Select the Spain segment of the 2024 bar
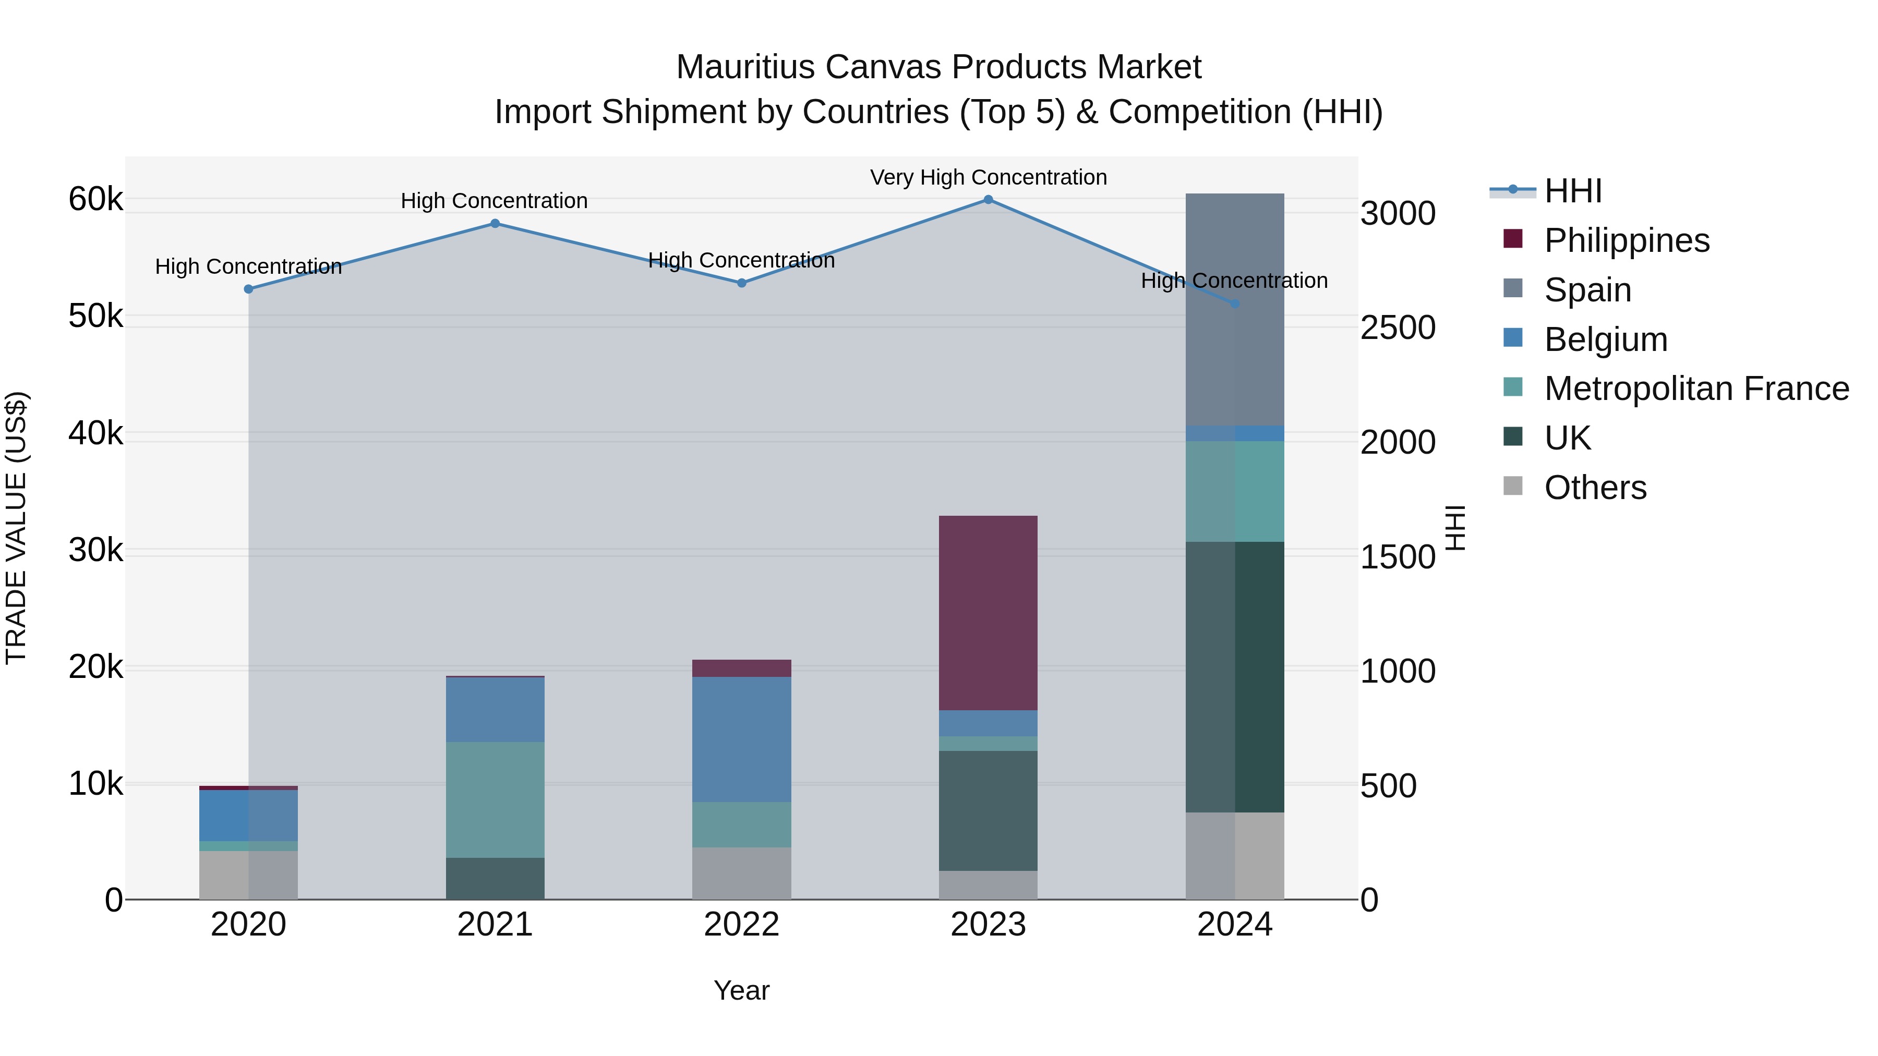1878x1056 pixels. [x=1234, y=309]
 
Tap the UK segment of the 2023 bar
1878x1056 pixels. [x=988, y=810]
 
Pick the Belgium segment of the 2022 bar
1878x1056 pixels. [x=741, y=739]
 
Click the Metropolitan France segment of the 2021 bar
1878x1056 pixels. [x=495, y=799]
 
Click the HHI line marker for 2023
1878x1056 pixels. [x=988, y=200]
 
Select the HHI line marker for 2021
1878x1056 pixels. [x=495, y=224]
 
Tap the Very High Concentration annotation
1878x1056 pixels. [x=988, y=178]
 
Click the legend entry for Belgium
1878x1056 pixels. [x=1605, y=339]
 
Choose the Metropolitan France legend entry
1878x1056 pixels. [x=1696, y=389]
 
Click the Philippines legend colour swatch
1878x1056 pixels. [x=1513, y=239]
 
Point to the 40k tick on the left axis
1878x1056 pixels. [x=95, y=434]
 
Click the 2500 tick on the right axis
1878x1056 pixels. [x=1398, y=328]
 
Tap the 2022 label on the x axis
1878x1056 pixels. [x=741, y=925]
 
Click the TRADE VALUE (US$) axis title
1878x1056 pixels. [x=16, y=528]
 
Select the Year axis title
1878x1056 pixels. [x=741, y=990]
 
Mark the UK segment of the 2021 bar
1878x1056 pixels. [x=495, y=878]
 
